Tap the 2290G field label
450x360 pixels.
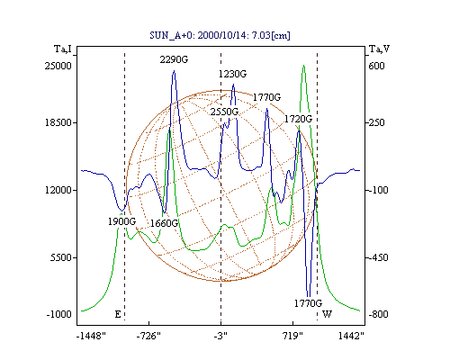[174, 59]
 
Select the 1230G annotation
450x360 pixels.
[232, 74]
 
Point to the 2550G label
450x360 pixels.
[224, 112]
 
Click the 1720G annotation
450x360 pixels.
[298, 119]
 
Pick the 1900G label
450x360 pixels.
[121, 221]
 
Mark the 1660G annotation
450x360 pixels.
[164, 223]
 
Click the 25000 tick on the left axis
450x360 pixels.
[58, 66]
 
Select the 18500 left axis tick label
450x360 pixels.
[58, 122]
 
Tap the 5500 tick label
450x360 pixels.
[61, 257]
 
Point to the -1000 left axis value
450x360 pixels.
[59, 314]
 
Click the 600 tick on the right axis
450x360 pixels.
[376, 66]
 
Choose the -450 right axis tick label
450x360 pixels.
[378, 257]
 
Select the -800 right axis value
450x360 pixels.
[378, 314]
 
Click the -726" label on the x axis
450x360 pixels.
[148, 336]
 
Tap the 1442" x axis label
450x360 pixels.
[351, 336]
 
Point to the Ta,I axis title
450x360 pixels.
[63, 49]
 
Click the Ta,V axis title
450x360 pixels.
[379, 49]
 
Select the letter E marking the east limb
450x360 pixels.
[118, 314]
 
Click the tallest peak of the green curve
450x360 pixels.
[304, 65]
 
